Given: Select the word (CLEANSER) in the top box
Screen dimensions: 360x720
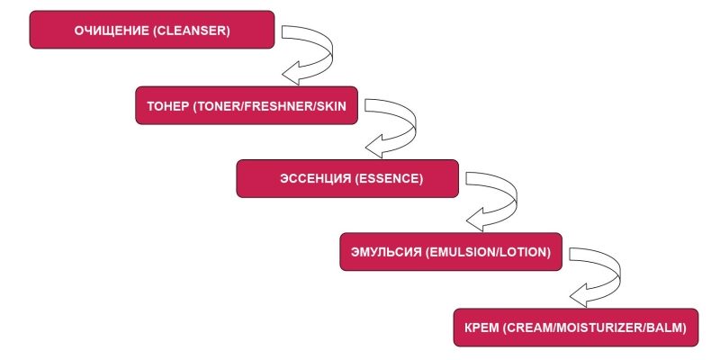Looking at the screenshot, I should [192, 31].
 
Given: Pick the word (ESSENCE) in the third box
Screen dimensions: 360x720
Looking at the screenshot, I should [390, 179].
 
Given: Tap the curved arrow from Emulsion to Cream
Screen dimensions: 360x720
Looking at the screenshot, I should [598, 274].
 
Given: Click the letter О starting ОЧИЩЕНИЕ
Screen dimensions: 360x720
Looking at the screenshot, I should [76, 31].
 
